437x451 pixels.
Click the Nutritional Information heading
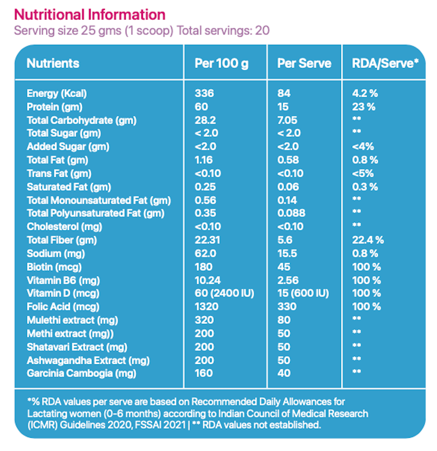click(89, 15)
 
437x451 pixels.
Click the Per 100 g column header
click(221, 63)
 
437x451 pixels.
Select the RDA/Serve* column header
click(385, 63)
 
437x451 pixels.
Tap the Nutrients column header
click(53, 63)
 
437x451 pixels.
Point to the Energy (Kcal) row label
click(57, 94)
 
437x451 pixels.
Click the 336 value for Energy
click(204, 94)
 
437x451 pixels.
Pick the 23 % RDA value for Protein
click(364, 107)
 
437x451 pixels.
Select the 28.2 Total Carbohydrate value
click(205, 120)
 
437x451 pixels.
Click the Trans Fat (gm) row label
click(59, 174)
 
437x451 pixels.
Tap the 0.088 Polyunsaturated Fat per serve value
click(291, 213)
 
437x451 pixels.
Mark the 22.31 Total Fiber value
click(207, 240)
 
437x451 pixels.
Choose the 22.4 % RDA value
click(367, 240)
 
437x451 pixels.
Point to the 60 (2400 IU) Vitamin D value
click(224, 293)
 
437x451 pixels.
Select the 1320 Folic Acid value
click(207, 307)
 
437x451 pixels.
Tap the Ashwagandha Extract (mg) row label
click(88, 360)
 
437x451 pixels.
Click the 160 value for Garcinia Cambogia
click(204, 373)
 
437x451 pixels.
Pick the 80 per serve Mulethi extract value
click(284, 320)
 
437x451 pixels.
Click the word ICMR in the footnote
click(42, 425)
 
